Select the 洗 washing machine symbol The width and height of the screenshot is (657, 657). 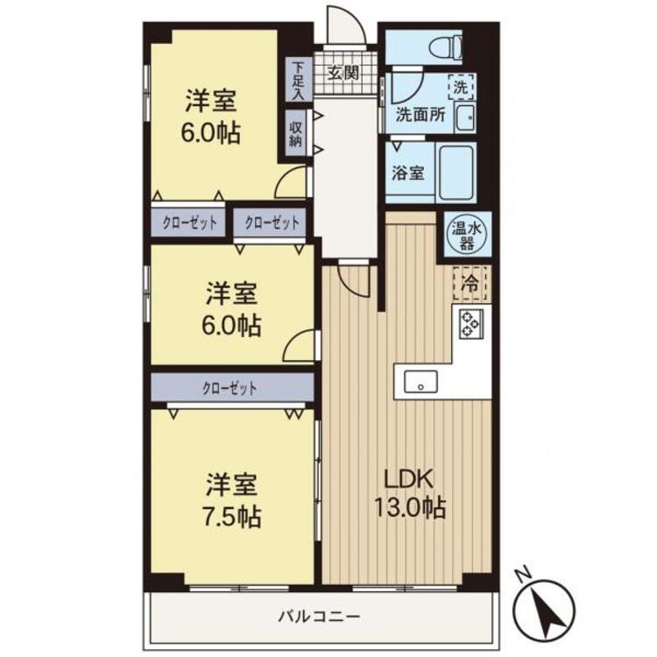[x=461, y=87]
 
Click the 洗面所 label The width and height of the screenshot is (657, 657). [x=420, y=114]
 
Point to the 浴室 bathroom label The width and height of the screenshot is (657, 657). [x=408, y=172]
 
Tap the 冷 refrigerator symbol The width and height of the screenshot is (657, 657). [x=470, y=282]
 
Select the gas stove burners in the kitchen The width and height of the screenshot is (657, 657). [x=470, y=323]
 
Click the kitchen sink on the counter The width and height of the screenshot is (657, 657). [x=420, y=381]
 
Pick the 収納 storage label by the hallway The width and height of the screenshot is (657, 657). [x=296, y=132]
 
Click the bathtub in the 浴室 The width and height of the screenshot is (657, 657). [x=456, y=172]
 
